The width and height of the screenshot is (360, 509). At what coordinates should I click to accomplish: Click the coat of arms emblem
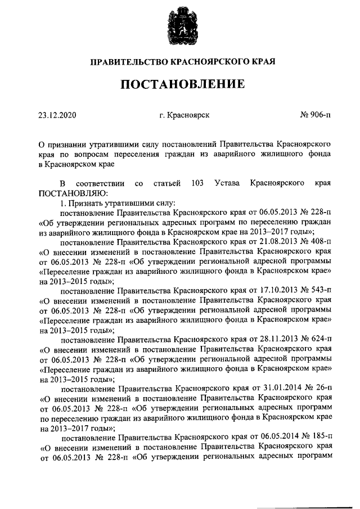click(180, 29)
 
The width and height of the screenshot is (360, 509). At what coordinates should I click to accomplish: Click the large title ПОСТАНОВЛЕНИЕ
click(180, 84)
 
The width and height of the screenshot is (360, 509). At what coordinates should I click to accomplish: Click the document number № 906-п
click(316, 115)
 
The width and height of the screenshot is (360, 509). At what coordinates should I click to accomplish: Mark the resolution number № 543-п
click(315, 291)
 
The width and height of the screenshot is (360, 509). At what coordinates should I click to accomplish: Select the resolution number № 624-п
click(315, 340)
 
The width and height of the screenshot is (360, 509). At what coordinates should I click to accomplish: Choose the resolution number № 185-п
click(315, 438)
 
